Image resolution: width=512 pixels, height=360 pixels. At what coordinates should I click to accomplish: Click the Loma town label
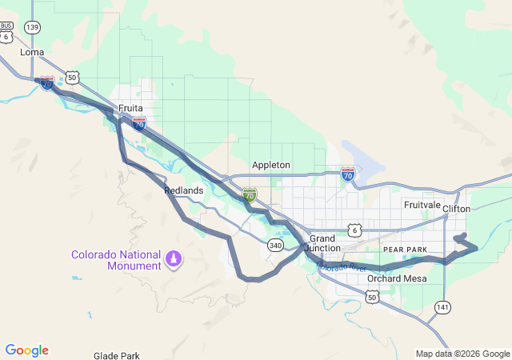[x=32, y=52]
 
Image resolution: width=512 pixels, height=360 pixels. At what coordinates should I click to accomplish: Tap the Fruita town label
[x=130, y=107]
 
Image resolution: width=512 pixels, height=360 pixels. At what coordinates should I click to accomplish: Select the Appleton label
[x=271, y=165]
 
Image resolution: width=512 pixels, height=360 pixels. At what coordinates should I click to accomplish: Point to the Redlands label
[x=183, y=190]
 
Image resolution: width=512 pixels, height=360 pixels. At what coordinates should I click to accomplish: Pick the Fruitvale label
[x=422, y=205]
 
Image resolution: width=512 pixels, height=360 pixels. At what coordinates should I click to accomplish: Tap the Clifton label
[x=457, y=209]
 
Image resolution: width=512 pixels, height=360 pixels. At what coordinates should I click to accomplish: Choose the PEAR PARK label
[x=406, y=250]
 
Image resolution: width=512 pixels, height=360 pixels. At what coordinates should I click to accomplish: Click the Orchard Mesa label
[x=397, y=278]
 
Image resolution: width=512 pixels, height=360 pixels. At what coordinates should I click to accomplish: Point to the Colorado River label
[x=342, y=266]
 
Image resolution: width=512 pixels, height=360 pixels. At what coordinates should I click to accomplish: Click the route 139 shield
[x=32, y=27]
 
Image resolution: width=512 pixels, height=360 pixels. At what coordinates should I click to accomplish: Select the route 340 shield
[x=275, y=245]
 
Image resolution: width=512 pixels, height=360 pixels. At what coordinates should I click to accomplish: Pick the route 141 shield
[x=442, y=307]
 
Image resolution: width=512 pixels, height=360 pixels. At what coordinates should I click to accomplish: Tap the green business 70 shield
[x=250, y=194]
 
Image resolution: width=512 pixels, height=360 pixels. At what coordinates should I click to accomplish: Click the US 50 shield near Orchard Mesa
[x=372, y=297]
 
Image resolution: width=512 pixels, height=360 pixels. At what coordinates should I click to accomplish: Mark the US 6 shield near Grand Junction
[x=354, y=230]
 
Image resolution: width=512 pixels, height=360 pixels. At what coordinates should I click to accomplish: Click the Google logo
[x=26, y=350]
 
